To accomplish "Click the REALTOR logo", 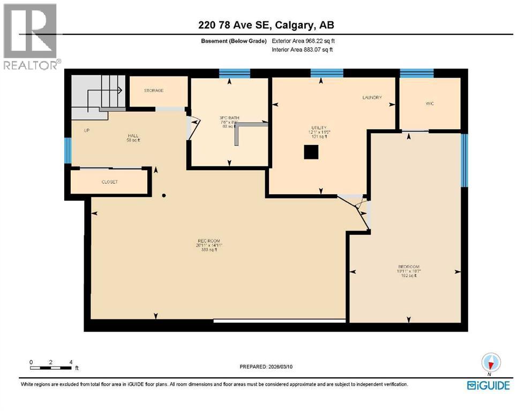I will point(31,36).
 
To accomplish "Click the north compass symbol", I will point(491,363).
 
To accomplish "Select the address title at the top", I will point(266,25).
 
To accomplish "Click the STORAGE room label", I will point(153,90).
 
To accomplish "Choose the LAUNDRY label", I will point(372,97).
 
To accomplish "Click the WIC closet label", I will point(429,103).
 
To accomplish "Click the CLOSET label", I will point(109,182).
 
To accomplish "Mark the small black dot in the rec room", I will point(164,195).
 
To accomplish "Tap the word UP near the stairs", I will point(86,130).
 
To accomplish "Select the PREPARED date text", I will point(266,367).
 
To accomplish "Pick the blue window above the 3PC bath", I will point(235,73).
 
